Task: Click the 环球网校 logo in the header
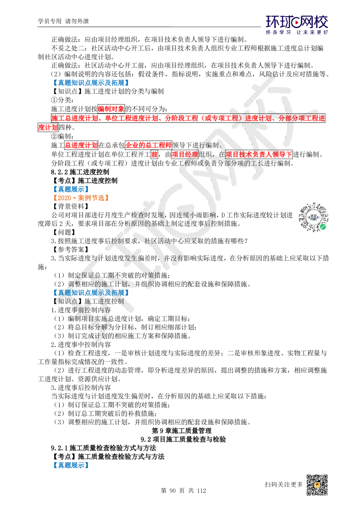[x=297, y=24]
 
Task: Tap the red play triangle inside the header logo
[x=297, y=23]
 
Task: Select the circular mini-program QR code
[x=314, y=217]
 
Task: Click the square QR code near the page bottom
[x=316, y=485]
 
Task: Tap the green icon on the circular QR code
[x=323, y=226]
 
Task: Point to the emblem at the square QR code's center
[x=316, y=485]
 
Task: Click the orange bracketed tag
[x=81, y=198]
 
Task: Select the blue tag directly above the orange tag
[x=71, y=189]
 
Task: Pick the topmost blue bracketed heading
[x=90, y=82]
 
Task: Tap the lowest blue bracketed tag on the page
[x=71, y=465]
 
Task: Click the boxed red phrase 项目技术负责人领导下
[x=258, y=154]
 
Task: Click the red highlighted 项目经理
[x=185, y=154]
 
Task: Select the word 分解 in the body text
[x=102, y=327]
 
